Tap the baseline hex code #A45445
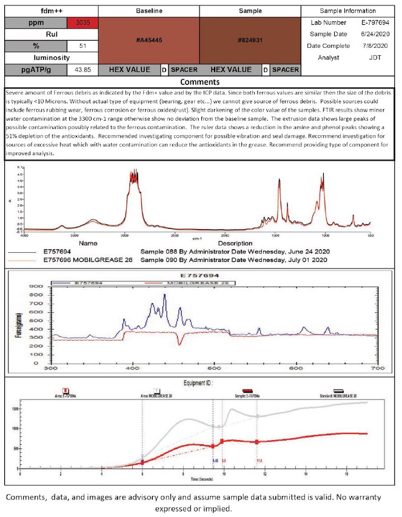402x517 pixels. [148, 41]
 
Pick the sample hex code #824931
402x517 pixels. [250, 41]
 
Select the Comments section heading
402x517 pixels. [200, 81]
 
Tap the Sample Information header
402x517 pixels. [349, 11]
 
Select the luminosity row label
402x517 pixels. [34, 58]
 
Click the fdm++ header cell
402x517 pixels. [34, 11]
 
